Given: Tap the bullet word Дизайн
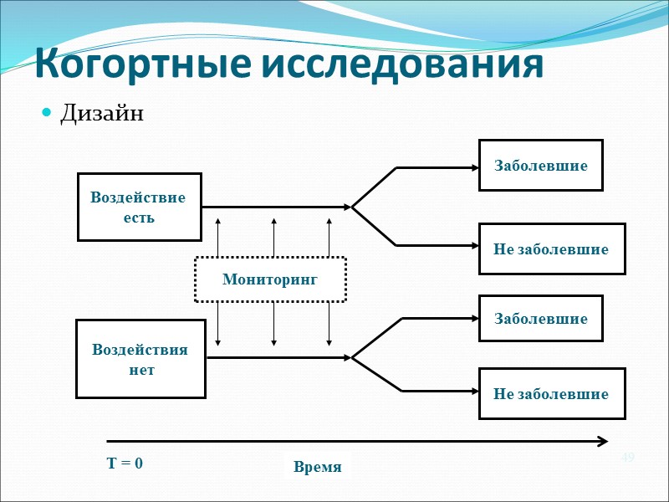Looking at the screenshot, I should (102, 113).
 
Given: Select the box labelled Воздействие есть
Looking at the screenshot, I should (140, 207).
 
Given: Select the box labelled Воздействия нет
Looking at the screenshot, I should (140, 359).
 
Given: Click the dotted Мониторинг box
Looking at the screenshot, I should (270, 279).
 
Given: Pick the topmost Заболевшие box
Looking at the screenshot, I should (541, 165).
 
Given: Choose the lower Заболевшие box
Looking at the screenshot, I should (541, 319).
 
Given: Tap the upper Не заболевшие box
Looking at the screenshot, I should (552, 249).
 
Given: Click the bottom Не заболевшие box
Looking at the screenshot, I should (552, 393).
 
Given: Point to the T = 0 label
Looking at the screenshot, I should (125, 463).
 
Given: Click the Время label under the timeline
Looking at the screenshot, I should (318, 467).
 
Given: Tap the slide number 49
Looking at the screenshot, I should (628, 457).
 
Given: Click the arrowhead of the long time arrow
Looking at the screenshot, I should (602, 440).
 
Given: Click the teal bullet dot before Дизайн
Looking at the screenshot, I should (47, 113).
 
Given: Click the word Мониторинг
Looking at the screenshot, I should (270, 279).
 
